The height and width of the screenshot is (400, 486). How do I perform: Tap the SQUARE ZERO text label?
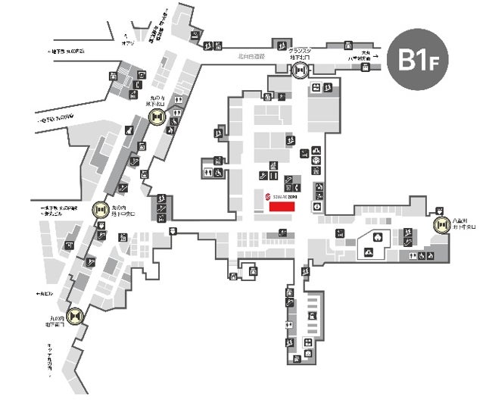[x=285, y=195]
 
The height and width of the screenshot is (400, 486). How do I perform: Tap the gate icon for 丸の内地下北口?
[x=157, y=117]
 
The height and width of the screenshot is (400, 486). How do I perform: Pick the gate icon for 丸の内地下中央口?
[x=100, y=209]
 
